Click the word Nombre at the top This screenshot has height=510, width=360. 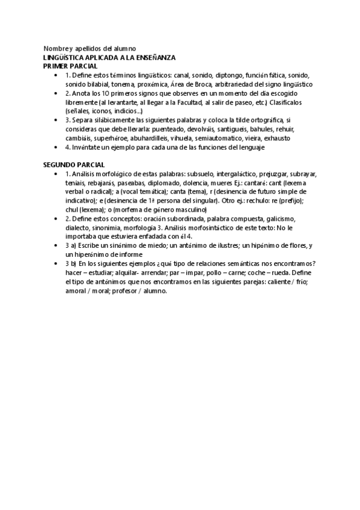54,48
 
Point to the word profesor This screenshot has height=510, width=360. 112,290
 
